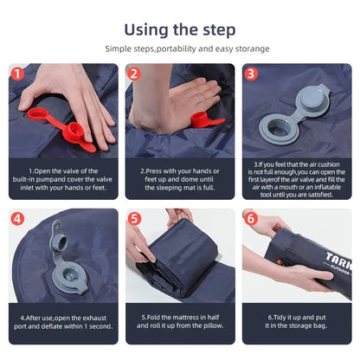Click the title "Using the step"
[179, 29]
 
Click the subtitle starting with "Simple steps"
[179, 49]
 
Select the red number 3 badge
[250, 74]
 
